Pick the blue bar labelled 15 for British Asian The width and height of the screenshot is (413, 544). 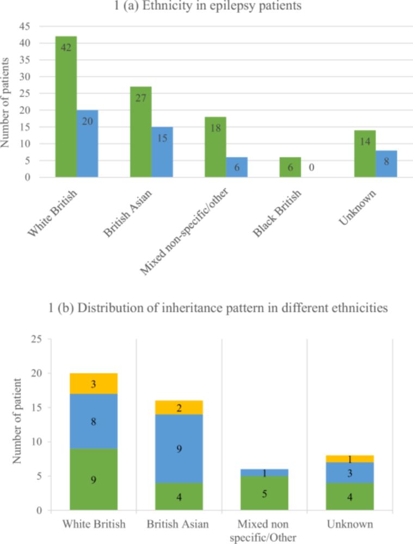pyautogui.click(x=162, y=152)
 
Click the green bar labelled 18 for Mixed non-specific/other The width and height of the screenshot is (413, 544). pyautogui.click(x=215, y=147)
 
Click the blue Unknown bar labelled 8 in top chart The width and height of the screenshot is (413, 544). pyautogui.click(x=386, y=164)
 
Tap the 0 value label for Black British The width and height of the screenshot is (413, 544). pyautogui.click(x=311, y=168)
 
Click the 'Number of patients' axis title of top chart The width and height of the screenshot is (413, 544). pyautogui.click(x=7, y=101)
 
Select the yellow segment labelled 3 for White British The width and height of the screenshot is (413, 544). pyautogui.click(x=94, y=384)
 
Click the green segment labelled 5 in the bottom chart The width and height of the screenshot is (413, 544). pyautogui.click(x=264, y=493)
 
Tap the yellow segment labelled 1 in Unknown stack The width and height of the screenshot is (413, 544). pyautogui.click(x=350, y=459)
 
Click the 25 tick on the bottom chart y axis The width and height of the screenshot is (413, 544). pyautogui.click(x=36, y=339)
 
